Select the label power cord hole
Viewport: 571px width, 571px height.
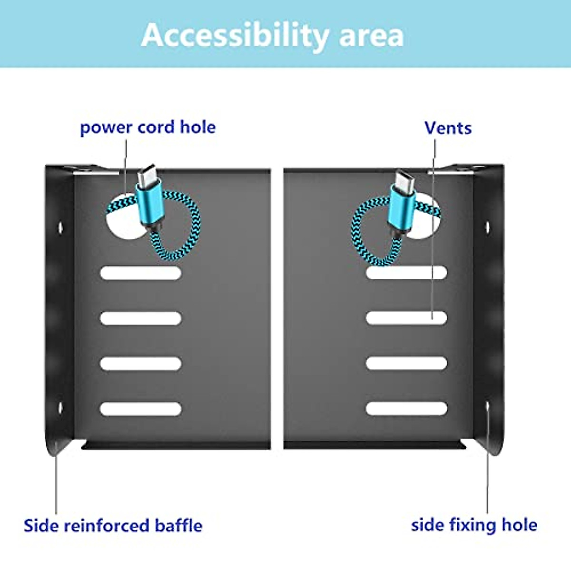[x=148, y=128]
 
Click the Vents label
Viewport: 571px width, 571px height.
[x=448, y=128]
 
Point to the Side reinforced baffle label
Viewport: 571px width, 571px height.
[x=113, y=526]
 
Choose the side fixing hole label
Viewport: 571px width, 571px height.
[x=474, y=525]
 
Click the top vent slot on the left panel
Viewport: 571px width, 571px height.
[x=140, y=273]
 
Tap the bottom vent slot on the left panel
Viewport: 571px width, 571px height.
[x=140, y=409]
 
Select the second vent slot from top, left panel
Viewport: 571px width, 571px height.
[x=140, y=318]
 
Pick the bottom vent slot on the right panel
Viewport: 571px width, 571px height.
[x=406, y=408]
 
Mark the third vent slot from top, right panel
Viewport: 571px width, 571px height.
[x=406, y=363]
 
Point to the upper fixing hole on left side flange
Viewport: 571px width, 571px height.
[x=60, y=227]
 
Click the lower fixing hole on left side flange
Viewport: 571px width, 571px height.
[x=60, y=408]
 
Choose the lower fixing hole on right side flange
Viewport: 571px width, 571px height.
[x=487, y=406]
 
